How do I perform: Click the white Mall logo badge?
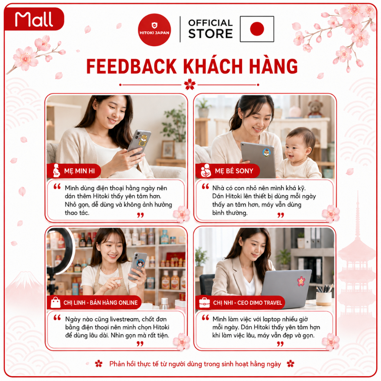pos(34,19)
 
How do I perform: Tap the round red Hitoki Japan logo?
pos(154,30)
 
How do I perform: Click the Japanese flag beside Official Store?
pos(257,29)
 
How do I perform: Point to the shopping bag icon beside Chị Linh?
pos(55,302)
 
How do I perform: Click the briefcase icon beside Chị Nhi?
pos(204,302)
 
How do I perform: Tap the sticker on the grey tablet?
pos(266,153)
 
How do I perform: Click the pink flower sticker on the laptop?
pos(301,281)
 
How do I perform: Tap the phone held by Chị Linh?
pos(138,266)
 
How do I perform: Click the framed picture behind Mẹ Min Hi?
pos(168,149)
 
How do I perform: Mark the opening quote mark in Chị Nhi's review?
pos(205,318)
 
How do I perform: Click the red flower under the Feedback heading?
pos(190,84)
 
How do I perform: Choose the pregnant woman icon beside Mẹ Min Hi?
pos(57,170)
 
